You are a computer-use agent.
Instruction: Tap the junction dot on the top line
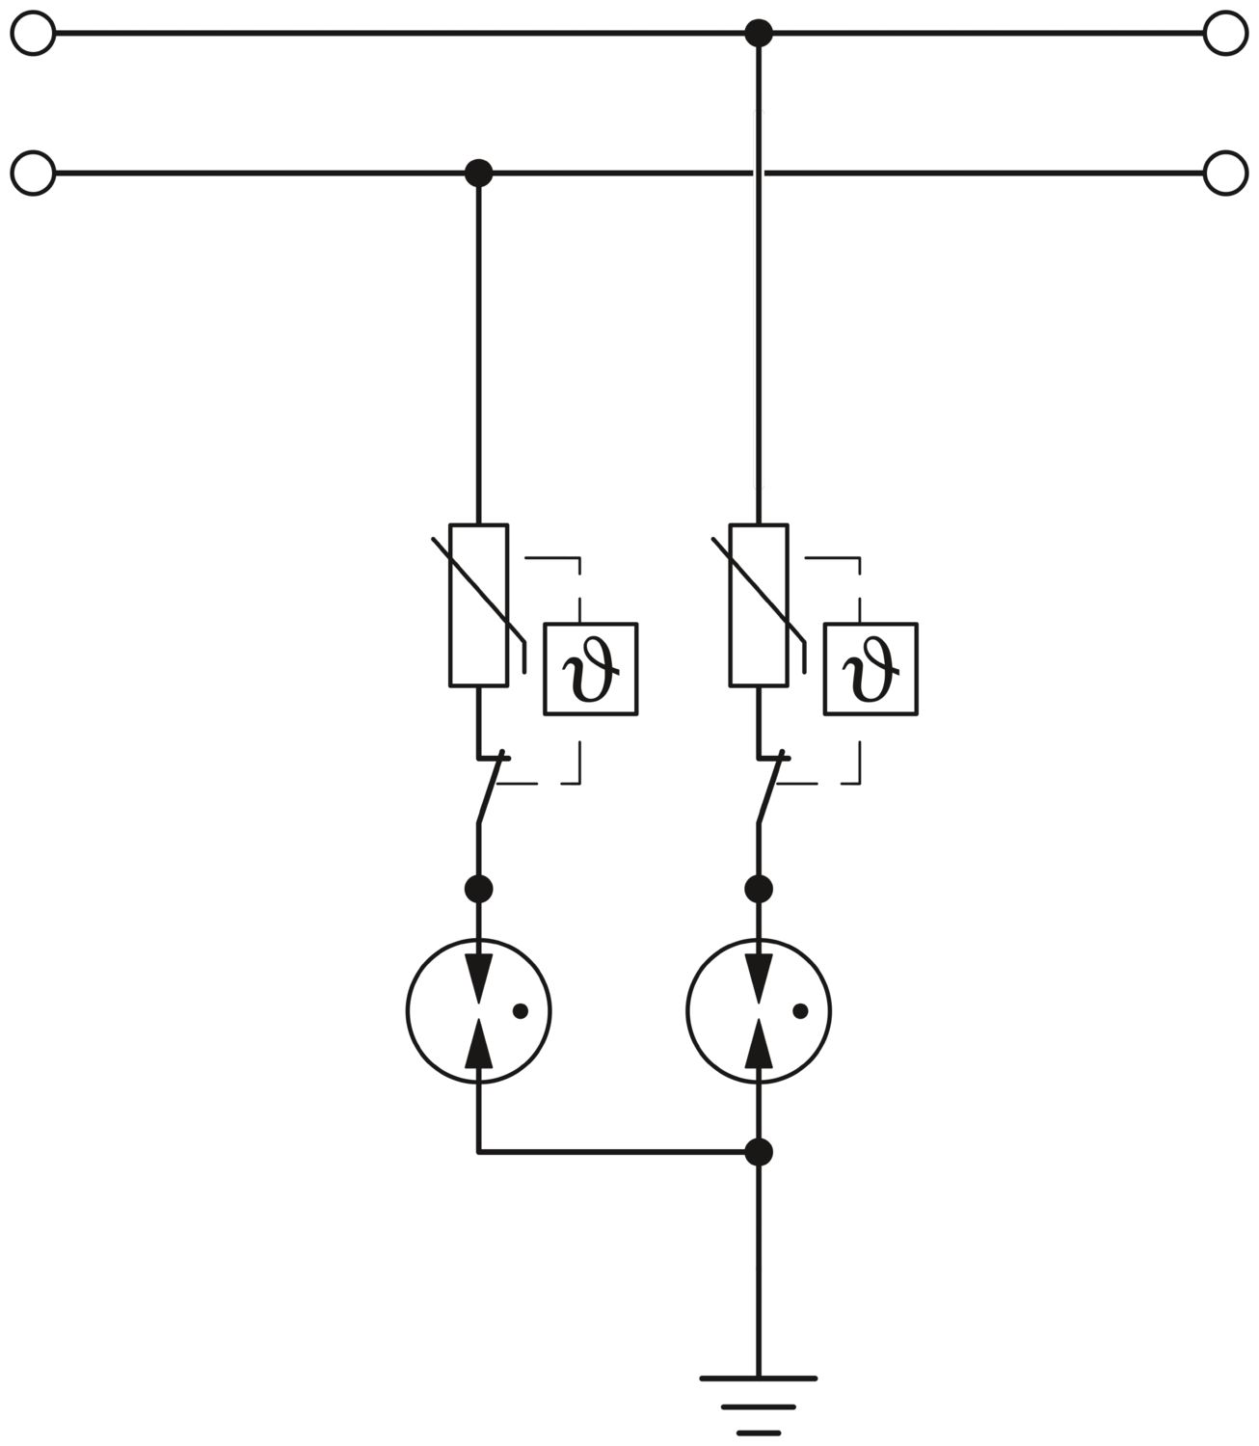(759, 33)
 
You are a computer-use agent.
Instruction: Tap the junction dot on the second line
(479, 173)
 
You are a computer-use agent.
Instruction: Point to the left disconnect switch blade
(491, 787)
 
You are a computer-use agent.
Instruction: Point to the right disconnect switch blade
(770, 787)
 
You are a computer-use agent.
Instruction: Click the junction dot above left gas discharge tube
(479, 889)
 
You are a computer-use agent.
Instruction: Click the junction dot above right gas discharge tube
(759, 889)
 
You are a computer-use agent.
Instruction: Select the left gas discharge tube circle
(407, 1010)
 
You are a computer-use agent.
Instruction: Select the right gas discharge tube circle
(686, 1010)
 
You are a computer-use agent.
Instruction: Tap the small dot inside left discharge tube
(521, 1011)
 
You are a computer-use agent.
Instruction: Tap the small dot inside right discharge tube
(800, 1011)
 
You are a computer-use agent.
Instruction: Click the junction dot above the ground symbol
(759, 1153)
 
